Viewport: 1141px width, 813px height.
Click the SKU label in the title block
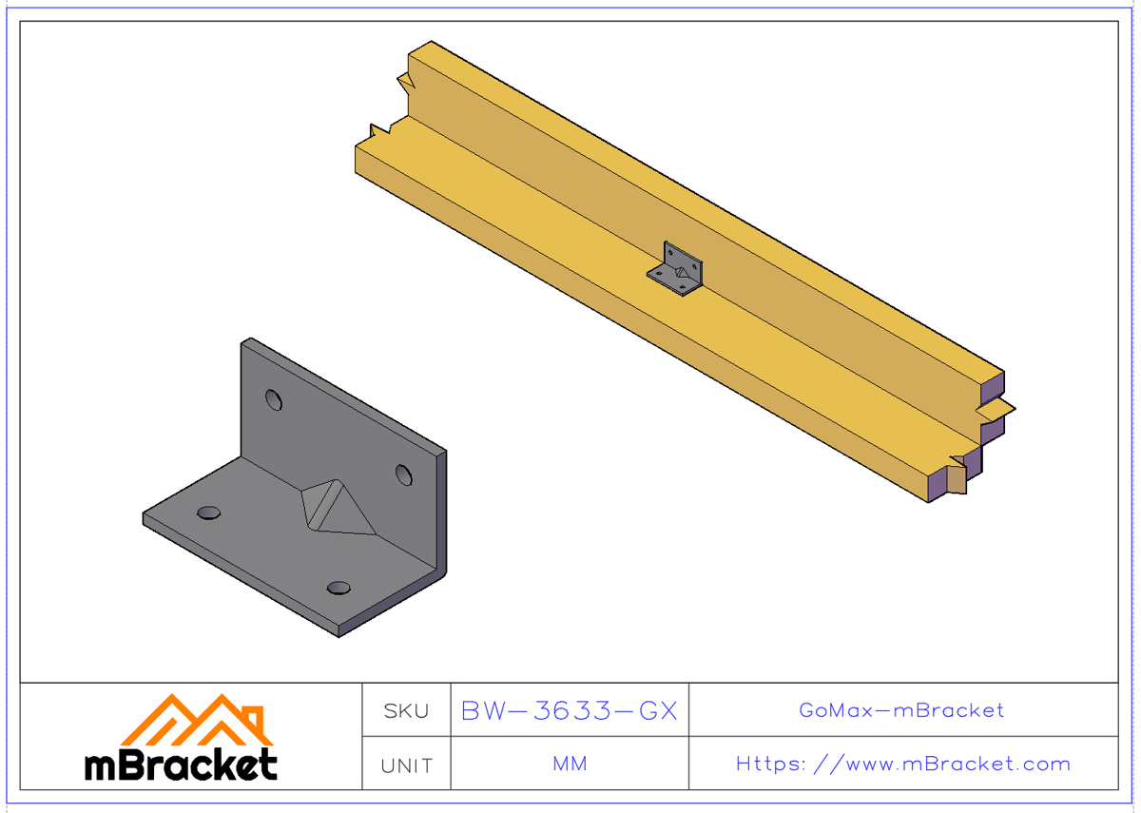(406, 711)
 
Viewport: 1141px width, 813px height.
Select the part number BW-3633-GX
(569, 711)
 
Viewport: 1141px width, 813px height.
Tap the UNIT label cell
(406, 765)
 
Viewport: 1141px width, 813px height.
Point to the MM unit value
(569, 765)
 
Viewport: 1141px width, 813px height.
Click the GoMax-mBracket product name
(901, 710)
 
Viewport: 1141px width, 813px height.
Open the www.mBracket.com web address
(938, 765)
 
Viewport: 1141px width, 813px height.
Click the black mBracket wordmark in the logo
(181, 764)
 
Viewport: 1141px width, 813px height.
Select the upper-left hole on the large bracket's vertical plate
(274, 399)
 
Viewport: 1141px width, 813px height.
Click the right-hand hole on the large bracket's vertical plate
(404, 474)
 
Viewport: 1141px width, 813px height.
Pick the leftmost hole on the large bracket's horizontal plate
(208, 513)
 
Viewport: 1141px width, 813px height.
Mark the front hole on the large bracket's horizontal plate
(338, 588)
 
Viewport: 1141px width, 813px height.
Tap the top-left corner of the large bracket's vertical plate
(246, 341)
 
